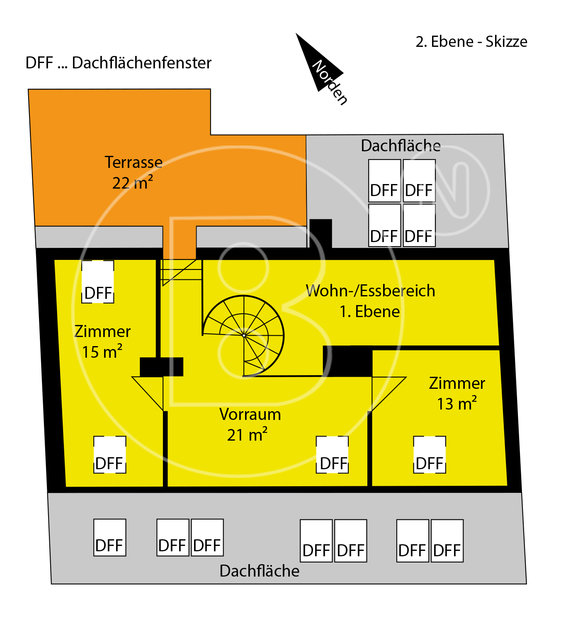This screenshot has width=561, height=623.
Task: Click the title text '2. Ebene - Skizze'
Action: click(471, 41)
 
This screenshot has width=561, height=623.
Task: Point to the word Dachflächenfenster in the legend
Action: click(142, 63)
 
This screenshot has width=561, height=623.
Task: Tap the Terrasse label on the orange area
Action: click(134, 162)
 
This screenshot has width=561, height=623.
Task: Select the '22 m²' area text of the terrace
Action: click(133, 182)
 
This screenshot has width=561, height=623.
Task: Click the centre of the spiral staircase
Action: click(244, 336)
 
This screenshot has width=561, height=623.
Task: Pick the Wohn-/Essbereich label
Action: click(371, 291)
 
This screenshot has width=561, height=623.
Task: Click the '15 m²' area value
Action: click(102, 351)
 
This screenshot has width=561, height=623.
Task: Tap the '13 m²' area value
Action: click(457, 403)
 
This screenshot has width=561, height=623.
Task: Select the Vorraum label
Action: click(250, 415)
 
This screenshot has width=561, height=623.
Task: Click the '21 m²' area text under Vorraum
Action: click(248, 434)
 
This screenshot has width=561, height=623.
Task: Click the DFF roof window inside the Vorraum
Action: click(332, 455)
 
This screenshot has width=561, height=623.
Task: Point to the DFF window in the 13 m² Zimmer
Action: click(430, 455)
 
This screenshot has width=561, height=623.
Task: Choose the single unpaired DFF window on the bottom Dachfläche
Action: click(110, 538)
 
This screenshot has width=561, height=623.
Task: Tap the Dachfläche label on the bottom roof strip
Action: click(260, 571)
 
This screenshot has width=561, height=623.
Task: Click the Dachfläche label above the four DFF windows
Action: click(401, 145)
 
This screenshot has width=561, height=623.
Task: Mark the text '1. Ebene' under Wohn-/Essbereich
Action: click(370, 312)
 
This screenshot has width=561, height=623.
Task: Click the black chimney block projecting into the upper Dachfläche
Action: click(321, 233)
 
